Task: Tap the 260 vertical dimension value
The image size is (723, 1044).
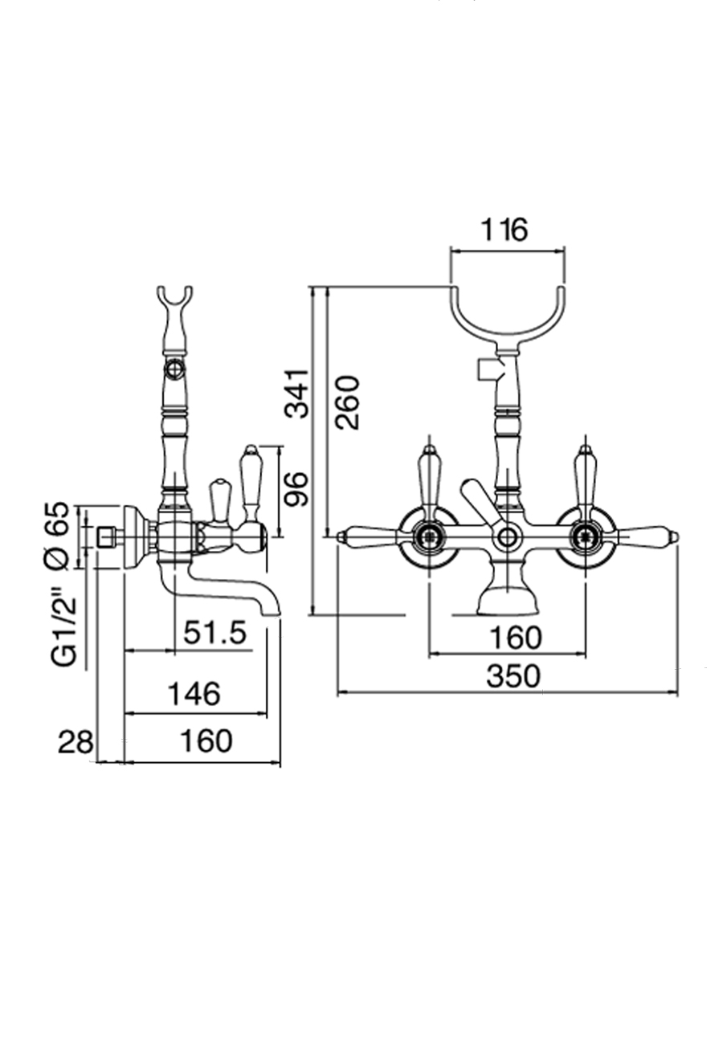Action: (348, 402)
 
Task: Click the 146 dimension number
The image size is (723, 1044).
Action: (194, 693)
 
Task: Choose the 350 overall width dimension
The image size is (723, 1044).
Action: (514, 676)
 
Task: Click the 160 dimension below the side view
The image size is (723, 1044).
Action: (206, 741)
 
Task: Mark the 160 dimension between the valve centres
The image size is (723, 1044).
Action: (514, 638)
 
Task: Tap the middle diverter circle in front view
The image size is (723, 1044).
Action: (508, 536)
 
